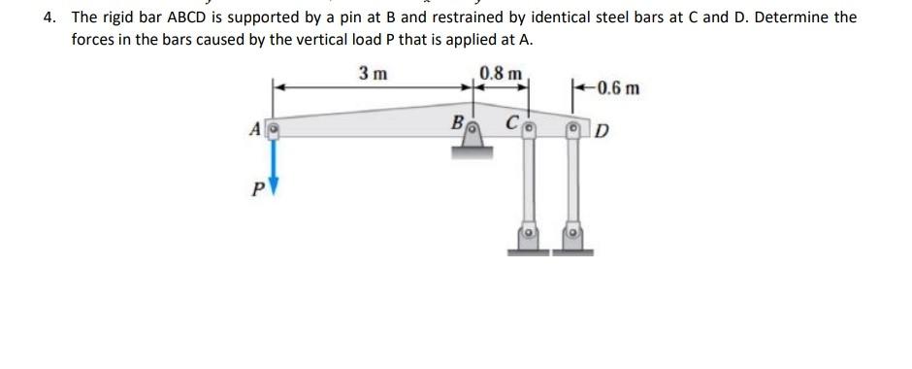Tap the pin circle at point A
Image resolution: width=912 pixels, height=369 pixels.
click(x=274, y=127)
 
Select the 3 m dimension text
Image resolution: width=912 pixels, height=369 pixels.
click(x=372, y=74)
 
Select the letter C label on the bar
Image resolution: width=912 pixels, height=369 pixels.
click(x=510, y=124)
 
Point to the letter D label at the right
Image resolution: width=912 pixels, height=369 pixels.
click(x=602, y=131)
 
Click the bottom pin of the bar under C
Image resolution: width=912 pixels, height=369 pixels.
click(x=529, y=234)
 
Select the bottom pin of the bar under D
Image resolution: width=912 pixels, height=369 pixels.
click(x=572, y=234)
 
